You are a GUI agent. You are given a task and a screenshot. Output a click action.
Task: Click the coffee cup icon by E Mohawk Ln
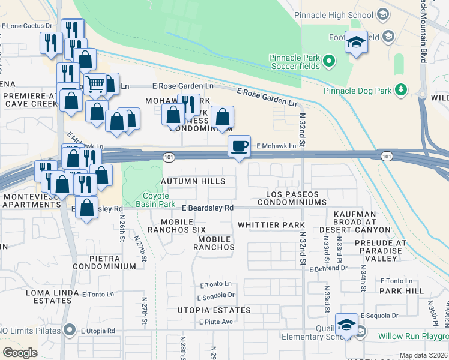pyautogui.click(x=240, y=146)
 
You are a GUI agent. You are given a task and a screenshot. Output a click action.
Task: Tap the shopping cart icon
pyautogui.click(x=95, y=85)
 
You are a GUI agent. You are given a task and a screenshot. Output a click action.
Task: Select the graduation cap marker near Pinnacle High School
pyautogui.click(x=357, y=42)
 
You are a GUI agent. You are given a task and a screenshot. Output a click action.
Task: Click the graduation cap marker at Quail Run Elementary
pyautogui.click(x=346, y=325)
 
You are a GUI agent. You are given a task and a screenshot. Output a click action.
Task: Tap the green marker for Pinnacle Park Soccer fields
pyautogui.click(x=329, y=61)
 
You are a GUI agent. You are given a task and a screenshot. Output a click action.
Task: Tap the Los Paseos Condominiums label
pyautogui.click(x=292, y=199)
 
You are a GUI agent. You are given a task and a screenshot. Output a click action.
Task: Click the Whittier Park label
pyautogui.click(x=271, y=225)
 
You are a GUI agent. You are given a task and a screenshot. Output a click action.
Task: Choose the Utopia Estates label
pyautogui.click(x=214, y=310)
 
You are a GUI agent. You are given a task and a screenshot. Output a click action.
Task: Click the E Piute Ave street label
pyautogui.click(x=215, y=322)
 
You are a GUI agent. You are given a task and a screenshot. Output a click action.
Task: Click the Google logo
pyautogui.click(x=20, y=353)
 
